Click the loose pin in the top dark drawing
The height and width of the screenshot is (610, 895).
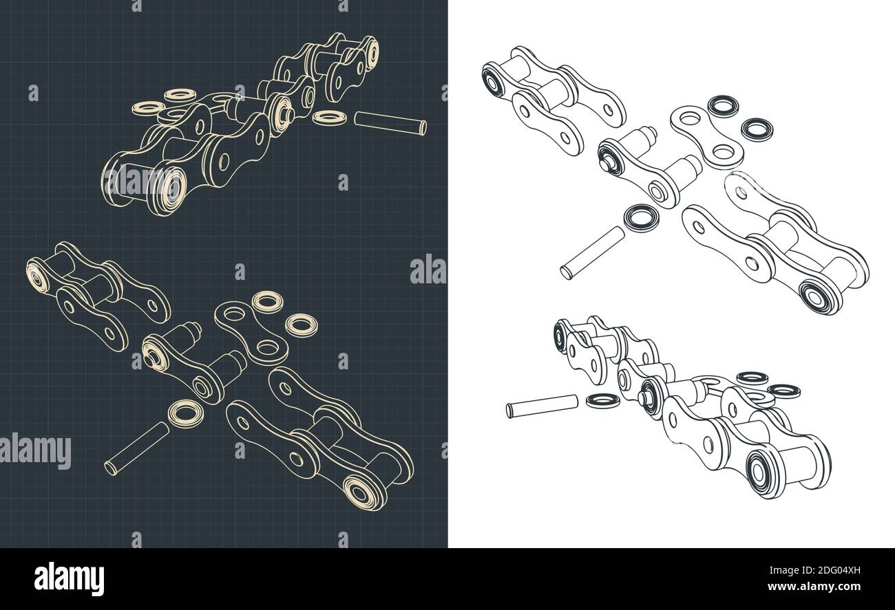pos(390,124)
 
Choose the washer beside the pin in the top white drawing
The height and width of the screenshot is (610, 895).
pos(640,217)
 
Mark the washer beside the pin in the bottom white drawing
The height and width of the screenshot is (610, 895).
pos(602,400)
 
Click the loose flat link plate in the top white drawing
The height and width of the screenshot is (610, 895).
pos(706,136)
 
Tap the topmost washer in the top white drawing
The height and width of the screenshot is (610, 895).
pos(723,105)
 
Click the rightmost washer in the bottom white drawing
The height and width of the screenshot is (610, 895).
pos(783,391)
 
